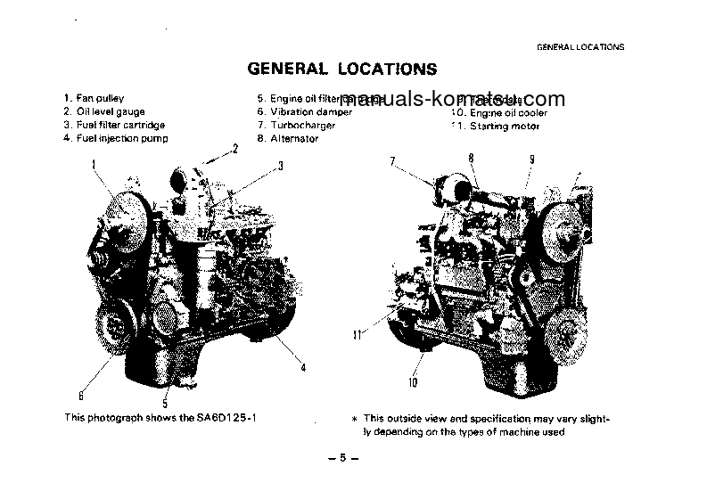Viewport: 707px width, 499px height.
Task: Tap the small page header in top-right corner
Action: pos(580,46)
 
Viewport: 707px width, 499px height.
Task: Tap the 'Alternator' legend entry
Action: pos(294,140)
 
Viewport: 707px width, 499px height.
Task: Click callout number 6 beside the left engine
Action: pos(81,396)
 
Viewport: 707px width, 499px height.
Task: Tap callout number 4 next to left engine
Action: pos(303,367)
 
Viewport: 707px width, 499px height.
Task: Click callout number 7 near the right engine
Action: pos(391,161)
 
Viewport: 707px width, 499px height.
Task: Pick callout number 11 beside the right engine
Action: pos(357,336)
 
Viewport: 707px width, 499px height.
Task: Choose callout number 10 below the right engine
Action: pos(413,383)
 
